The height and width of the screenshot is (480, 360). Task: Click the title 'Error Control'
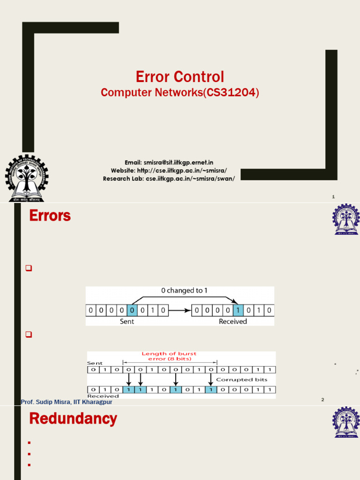(x=180, y=77)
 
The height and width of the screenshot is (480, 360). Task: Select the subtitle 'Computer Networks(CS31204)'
(x=180, y=93)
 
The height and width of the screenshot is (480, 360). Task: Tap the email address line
(x=169, y=162)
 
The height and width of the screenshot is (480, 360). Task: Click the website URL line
(x=169, y=171)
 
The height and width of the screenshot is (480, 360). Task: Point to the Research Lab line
(x=169, y=179)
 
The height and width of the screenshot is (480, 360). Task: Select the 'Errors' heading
(x=50, y=216)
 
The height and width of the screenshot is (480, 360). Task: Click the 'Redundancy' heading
(x=73, y=419)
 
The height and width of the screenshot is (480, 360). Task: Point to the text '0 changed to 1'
(x=184, y=291)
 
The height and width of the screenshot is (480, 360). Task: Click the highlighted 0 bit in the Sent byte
(x=132, y=310)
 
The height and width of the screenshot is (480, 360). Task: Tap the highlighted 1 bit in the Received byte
(x=238, y=310)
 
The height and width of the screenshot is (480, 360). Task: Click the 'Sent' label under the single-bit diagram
(x=127, y=322)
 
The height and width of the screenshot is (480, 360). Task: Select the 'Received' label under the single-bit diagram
(x=233, y=322)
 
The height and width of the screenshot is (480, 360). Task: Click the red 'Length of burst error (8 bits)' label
(x=169, y=356)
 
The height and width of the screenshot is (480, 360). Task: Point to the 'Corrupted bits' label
(x=249, y=379)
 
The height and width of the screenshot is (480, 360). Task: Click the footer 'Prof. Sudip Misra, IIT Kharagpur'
(x=67, y=402)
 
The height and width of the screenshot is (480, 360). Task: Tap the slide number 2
(x=322, y=399)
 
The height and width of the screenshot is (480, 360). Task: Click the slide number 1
(x=333, y=197)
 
